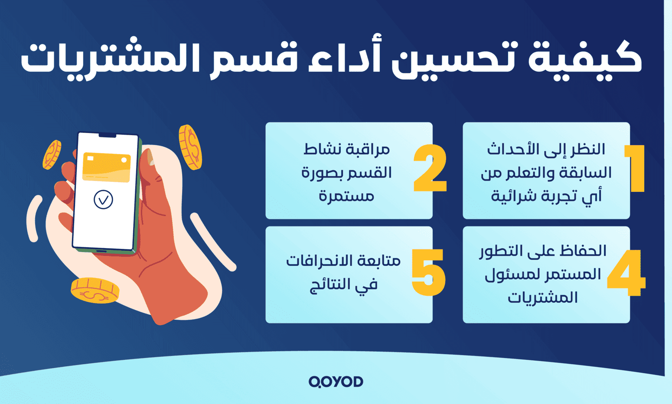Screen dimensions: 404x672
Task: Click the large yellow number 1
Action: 636,168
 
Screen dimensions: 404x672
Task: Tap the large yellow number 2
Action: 430,168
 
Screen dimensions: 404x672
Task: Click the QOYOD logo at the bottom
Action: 336,381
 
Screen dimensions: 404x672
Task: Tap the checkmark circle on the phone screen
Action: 103,200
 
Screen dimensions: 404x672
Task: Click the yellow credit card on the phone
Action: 106,167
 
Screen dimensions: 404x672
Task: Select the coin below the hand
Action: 95,291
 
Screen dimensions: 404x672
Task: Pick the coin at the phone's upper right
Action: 190,147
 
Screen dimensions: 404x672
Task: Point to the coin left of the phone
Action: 52,155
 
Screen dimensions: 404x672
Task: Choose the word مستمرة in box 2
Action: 346,196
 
